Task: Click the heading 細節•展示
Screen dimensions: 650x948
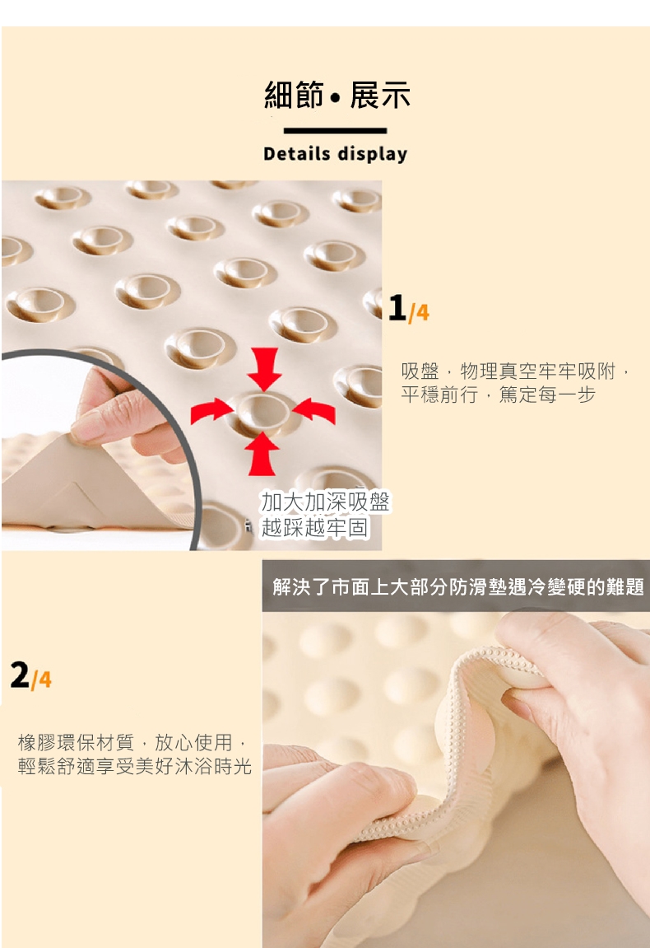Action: pyautogui.click(x=337, y=95)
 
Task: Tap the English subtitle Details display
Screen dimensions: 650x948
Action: pyautogui.click(x=335, y=153)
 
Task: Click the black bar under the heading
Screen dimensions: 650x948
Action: pyautogui.click(x=335, y=131)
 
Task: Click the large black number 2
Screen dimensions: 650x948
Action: pyautogui.click(x=20, y=675)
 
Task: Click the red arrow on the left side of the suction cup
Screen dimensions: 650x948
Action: pyautogui.click(x=211, y=411)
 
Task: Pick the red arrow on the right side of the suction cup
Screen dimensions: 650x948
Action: pyautogui.click(x=314, y=410)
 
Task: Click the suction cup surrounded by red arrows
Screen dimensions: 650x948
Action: pyautogui.click(x=262, y=412)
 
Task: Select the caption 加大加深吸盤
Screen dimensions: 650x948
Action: pyautogui.click(x=326, y=502)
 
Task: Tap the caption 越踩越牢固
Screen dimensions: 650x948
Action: pyautogui.click(x=314, y=527)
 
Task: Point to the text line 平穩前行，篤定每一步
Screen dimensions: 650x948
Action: pyautogui.click(x=499, y=395)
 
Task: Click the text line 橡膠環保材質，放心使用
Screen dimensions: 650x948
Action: pyautogui.click(x=132, y=742)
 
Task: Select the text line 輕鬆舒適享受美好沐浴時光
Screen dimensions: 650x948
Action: pyautogui.click(x=135, y=766)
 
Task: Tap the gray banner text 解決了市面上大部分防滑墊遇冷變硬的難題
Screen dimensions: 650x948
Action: pyautogui.click(x=458, y=586)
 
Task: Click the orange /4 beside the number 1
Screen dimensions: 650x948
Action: pyautogui.click(x=420, y=312)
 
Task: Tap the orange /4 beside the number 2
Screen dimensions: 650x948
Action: pyautogui.click(x=41, y=679)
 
